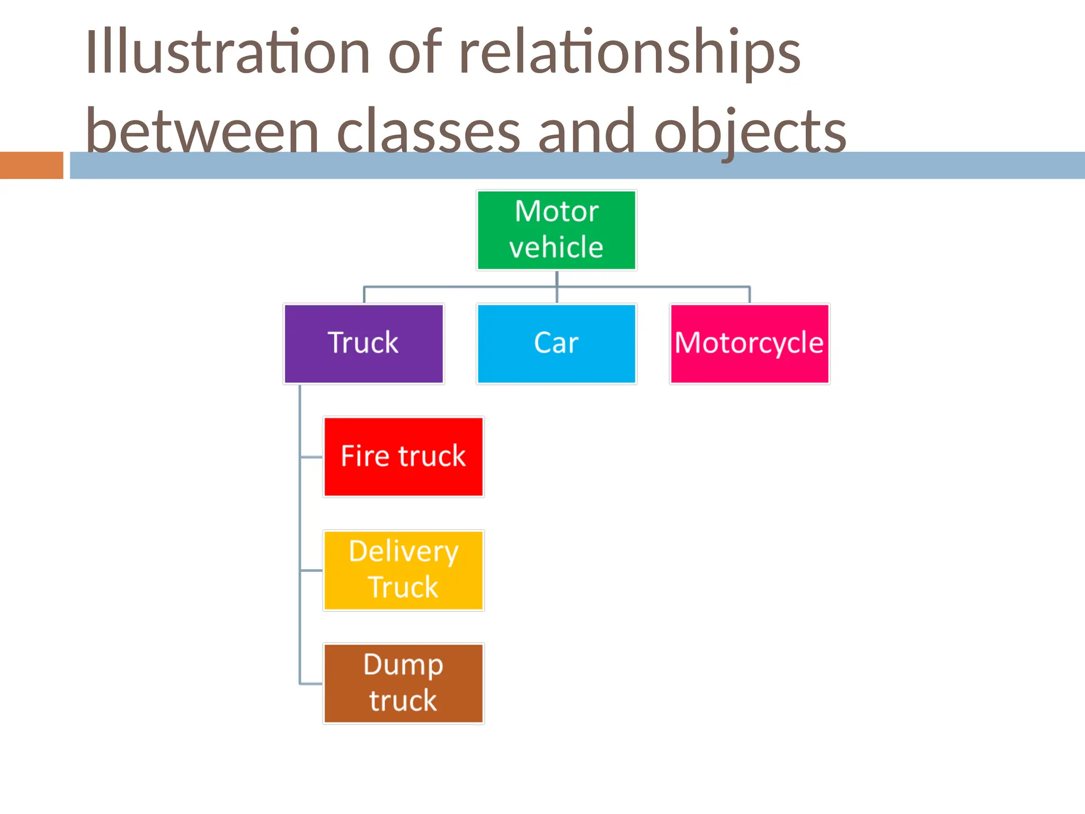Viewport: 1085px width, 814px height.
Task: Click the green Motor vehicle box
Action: point(556,230)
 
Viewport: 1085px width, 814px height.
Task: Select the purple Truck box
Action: point(363,343)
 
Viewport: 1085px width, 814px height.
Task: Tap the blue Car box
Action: point(556,343)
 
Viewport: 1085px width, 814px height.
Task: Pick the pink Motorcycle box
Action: point(749,343)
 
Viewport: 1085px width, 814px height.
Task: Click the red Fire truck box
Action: point(403,457)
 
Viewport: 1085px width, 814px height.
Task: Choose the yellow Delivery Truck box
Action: point(403,570)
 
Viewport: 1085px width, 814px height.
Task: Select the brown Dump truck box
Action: point(403,684)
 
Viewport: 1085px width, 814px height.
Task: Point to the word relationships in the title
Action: point(629,52)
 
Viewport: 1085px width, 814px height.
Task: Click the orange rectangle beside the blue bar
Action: point(31,165)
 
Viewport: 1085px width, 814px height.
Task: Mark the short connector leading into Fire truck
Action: point(312,457)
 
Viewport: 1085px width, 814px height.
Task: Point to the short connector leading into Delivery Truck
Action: point(312,571)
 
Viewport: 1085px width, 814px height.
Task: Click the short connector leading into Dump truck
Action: point(312,684)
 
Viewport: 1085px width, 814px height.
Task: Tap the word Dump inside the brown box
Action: point(403,665)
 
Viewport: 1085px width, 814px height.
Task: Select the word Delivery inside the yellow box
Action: point(403,551)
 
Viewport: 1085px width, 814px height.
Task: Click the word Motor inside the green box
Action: point(556,211)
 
